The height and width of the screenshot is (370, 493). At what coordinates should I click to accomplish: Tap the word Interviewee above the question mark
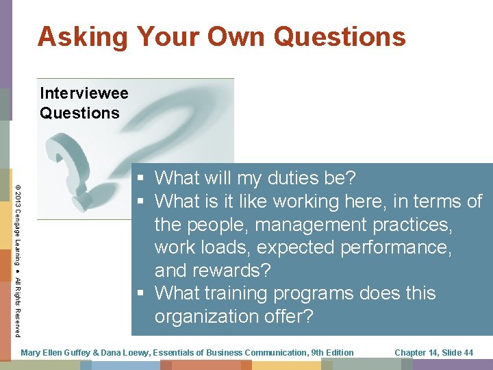[84, 92]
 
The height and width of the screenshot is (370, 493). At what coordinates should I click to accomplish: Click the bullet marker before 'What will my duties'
[140, 179]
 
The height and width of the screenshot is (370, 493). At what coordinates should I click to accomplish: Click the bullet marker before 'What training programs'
[140, 293]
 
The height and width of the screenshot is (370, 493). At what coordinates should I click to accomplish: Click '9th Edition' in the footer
[332, 353]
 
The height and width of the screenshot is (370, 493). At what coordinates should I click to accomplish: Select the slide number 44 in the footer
[468, 353]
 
